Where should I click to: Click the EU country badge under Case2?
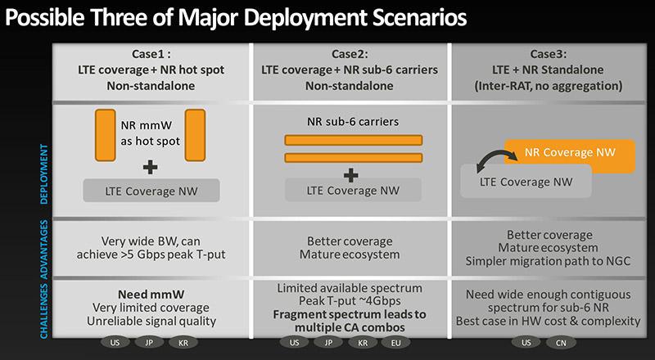395,343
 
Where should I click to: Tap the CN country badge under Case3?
561,343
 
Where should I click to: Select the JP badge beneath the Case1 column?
149,343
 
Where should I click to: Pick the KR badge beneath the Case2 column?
363,343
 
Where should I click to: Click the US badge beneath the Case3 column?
526,343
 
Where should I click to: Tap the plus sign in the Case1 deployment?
150,168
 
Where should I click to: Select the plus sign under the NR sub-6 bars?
351,175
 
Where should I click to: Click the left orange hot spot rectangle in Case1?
106,135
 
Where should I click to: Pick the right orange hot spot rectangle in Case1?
195,135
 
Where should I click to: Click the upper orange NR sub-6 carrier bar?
354,140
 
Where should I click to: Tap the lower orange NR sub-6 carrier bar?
354,157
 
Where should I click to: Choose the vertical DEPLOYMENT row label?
44,174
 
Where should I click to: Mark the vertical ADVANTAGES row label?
44,248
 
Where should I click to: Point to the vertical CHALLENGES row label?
44,311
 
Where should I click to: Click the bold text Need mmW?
151,294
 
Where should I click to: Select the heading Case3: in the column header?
549,54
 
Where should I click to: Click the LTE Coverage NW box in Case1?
151,191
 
